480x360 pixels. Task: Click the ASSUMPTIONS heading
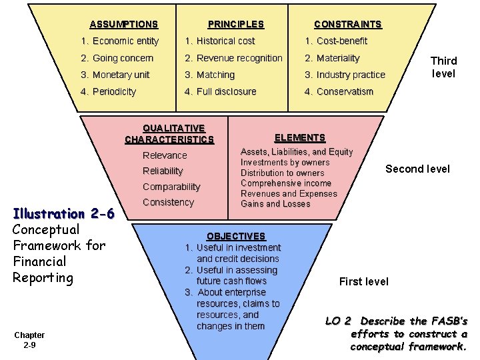123,24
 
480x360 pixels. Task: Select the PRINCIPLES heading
235,24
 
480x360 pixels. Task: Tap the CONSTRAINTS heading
347,24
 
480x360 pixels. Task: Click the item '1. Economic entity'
119,41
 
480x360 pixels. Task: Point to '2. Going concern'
117,58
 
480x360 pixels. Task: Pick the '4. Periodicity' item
108,91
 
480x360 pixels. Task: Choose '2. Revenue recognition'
233,58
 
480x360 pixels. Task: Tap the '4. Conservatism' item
339,91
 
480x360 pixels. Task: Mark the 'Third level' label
443,67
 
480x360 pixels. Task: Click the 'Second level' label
417,169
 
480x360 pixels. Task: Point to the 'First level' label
363,281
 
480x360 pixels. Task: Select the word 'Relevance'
165,155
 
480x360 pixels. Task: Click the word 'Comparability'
171,187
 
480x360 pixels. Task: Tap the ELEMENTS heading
300,137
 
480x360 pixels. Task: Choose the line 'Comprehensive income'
286,183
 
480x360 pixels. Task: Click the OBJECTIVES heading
235,236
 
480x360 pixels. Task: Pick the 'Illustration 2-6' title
64,214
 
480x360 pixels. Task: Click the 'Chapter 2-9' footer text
29,340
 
